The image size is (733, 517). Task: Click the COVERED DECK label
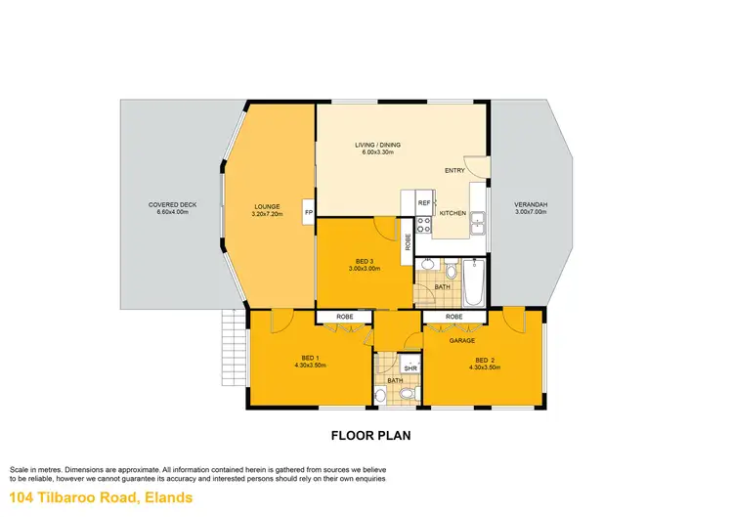tap(173, 204)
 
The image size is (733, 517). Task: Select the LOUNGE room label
tap(266, 206)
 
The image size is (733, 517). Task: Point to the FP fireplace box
tap(308, 212)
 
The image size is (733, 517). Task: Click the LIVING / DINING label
tap(377, 146)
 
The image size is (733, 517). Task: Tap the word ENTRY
tap(454, 171)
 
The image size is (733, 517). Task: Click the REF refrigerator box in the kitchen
tap(424, 203)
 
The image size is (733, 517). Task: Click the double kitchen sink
tap(478, 225)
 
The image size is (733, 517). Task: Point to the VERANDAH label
tap(531, 204)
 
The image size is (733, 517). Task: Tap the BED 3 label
tap(363, 261)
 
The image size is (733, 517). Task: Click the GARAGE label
tap(461, 341)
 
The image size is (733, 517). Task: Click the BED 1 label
tap(310, 359)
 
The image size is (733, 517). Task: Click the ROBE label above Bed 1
tap(344, 318)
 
